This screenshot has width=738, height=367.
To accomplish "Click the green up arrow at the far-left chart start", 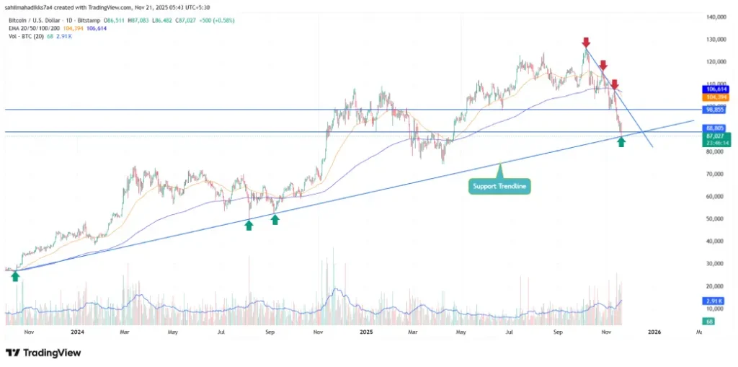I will coord(15,275).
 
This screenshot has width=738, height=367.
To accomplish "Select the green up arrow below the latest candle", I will coord(621,142).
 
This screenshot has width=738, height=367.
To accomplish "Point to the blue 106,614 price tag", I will coord(715,89).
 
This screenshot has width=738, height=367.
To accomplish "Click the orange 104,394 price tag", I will coord(715,96).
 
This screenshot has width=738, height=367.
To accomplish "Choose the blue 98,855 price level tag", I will coord(715,110).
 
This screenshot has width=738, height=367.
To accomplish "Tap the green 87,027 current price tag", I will coord(715,136).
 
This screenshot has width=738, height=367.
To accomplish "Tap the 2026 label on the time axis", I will coord(654,332).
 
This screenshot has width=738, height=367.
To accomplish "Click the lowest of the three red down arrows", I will coord(615,85).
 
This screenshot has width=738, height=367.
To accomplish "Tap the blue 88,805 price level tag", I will coord(715,128).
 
